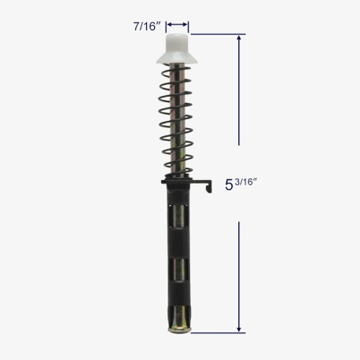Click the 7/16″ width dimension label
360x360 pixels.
click(x=147, y=27)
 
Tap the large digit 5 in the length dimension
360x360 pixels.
click(x=229, y=185)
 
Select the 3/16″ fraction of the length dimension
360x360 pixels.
click(x=246, y=182)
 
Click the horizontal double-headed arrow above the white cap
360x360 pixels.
click(x=178, y=24)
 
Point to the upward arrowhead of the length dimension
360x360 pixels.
click(x=239, y=38)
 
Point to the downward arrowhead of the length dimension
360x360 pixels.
click(x=239, y=329)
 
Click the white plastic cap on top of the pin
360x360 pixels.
click(x=177, y=49)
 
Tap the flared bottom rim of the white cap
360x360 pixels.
click(x=177, y=60)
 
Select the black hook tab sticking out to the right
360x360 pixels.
click(x=204, y=185)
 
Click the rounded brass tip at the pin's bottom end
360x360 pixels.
click(x=179, y=329)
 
